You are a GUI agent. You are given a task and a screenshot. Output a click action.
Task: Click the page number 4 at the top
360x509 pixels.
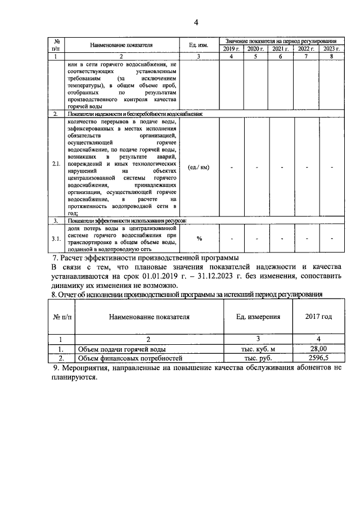(x=196, y=22)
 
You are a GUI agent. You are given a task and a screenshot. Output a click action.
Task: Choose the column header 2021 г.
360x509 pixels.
(x=281, y=49)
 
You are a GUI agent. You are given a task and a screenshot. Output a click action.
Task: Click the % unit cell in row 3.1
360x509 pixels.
(x=199, y=238)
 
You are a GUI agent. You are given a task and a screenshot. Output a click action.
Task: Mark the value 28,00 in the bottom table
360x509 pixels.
(x=318, y=349)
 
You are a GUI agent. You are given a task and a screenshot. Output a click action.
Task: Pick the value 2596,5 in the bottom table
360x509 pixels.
(x=318, y=358)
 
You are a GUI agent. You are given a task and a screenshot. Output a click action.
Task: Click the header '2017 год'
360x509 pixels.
(x=318, y=317)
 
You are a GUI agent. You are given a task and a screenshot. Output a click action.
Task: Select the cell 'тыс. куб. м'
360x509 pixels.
(x=257, y=349)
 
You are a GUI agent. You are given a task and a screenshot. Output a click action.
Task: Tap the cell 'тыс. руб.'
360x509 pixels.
(x=257, y=358)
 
